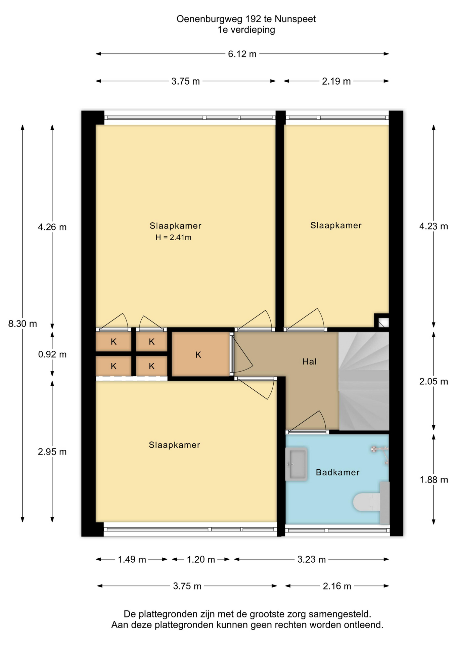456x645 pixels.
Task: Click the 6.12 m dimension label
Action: (242, 54)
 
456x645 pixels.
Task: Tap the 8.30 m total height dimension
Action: (22, 324)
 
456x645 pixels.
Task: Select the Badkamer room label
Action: (337, 472)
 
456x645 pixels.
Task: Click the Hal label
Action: (309, 361)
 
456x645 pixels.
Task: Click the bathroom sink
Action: (296, 464)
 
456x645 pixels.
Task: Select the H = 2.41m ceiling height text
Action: (173, 238)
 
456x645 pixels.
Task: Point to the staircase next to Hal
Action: (364, 381)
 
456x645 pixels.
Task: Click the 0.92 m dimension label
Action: (52, 354)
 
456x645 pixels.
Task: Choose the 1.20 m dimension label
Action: (201, 559)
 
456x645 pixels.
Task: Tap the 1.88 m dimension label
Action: (434, 480)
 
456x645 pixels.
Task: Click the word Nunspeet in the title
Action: (295, 19)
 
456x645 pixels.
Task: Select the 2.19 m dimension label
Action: (336, 81)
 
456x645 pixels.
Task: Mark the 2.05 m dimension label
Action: (434, 381)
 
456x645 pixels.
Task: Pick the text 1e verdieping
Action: (246, 30)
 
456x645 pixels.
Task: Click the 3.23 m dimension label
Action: (312, 559)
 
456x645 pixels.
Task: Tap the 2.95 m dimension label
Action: (52, 452)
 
